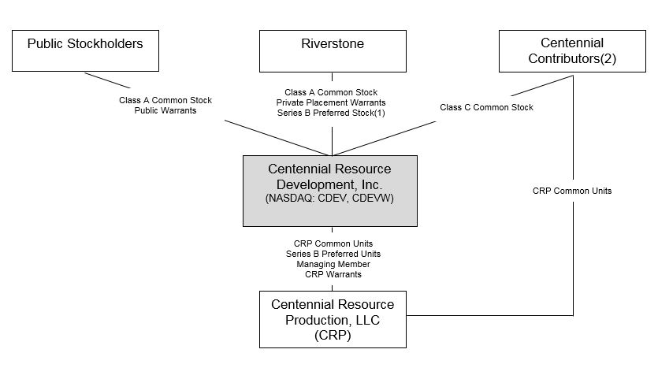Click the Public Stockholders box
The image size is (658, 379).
(x=85, y=50)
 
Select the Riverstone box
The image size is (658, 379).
(x=333, y=50)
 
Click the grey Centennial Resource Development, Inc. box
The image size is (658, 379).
(x=329, y=191)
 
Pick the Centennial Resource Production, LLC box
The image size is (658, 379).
(x=333, y=319)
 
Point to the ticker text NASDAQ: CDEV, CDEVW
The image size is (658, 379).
(x=329, y=199)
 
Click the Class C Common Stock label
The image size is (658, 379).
(x=486, y=107)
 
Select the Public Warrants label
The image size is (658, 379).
(x=165, y=111)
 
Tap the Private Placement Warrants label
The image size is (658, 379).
(x=331, y=102)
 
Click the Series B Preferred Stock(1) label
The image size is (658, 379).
(x=331, y=113)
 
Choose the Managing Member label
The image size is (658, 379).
(x=333, y=264)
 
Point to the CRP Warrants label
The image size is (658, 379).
(x=333, y=274)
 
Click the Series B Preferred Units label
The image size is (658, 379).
(x=333, y=254)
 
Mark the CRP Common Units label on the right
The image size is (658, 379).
(x=572, y=191)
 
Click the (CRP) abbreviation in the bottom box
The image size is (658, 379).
(x=333, y=335)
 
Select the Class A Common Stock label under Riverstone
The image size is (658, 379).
(x=331, y=92)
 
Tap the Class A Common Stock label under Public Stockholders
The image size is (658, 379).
(x=165, y=101)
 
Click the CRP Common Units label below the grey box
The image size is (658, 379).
(x=333, y=243)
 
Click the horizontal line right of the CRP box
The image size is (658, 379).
(x=489, y=316)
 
